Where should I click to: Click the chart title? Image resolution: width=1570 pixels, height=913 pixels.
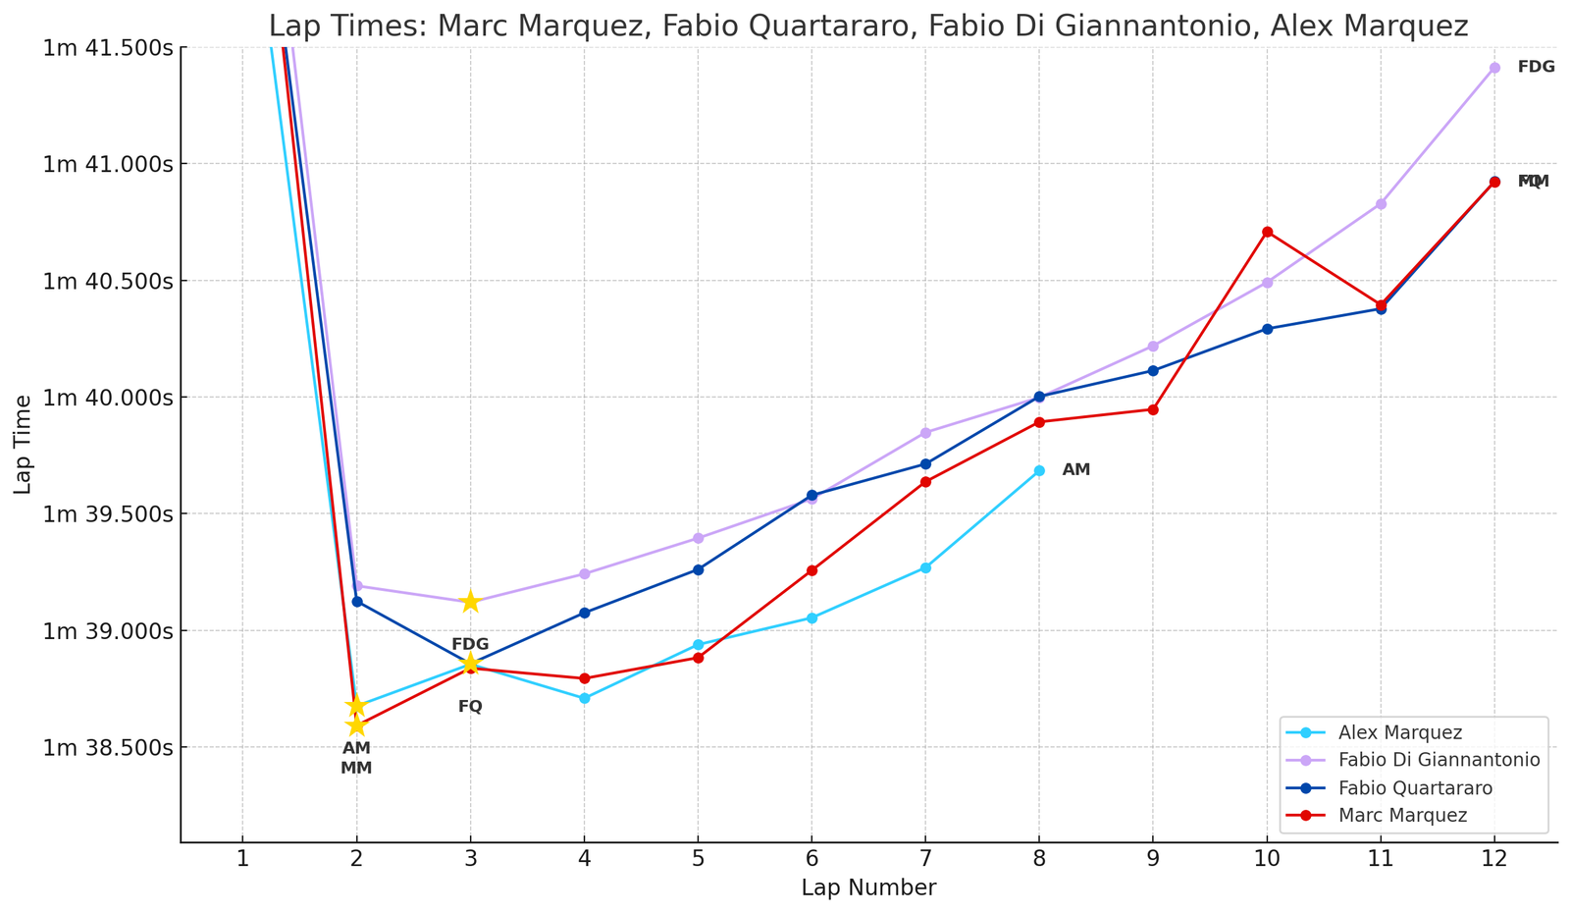coord(868,26)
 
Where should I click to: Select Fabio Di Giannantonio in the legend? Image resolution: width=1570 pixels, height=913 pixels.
coord(1439,760)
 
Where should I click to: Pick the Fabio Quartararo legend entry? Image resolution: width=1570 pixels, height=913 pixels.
coord(1415,787)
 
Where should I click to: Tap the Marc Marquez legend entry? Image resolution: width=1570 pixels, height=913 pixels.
coord(1402,815)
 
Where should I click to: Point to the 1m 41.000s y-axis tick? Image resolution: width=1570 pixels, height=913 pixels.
coord(108,164)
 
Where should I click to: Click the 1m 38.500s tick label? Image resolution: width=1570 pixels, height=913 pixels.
coord(108,747)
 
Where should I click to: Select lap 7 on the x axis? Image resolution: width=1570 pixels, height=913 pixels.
coord(925,860)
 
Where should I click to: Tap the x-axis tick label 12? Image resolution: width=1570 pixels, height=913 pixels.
coord(1494,860)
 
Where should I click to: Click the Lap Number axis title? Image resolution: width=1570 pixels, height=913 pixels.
coord(868,888)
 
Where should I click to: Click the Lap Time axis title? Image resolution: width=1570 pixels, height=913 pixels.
coord(24,444)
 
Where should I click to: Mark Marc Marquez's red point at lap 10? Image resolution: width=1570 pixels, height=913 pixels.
coord(1267,232)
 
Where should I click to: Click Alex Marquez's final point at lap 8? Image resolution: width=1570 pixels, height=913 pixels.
coord(1039,471)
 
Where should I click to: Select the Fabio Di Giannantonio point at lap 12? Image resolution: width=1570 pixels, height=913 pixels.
coord(1494,68)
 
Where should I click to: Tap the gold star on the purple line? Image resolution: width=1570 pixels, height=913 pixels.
coord(470,602)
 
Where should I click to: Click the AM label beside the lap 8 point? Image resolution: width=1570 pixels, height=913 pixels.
coord(1076,470)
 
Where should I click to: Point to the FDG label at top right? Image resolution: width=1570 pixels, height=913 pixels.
coord(1536,68)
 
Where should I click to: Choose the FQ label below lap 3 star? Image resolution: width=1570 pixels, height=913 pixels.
coord(470,707)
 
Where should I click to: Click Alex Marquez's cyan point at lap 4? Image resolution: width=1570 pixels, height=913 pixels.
coord(585,698)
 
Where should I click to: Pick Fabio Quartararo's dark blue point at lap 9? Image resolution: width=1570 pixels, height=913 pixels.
coord(1153,370)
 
